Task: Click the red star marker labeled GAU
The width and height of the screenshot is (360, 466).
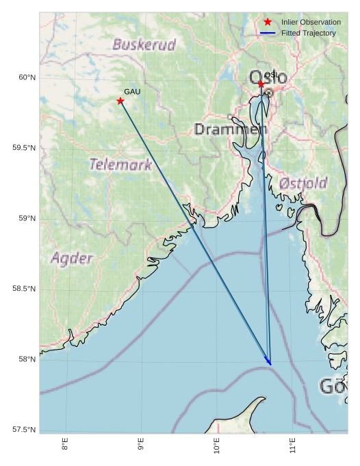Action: (120, 101)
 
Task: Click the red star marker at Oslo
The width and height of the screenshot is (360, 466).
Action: (261, 84)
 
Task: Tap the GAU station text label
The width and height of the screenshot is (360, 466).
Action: (132, 91)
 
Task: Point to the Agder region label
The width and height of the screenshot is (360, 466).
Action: (71, 259)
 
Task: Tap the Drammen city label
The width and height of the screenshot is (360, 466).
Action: (230, 129)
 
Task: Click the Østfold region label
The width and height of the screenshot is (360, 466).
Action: (303, 183)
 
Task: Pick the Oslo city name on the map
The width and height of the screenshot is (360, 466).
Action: (269, 77)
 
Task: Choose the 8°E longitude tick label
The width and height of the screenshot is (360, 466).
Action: (65, 445)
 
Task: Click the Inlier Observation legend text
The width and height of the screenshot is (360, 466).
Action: (311, 23)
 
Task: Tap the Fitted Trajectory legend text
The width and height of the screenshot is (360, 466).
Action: (309, 33)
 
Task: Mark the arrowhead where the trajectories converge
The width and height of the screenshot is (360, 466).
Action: (270, 363)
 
